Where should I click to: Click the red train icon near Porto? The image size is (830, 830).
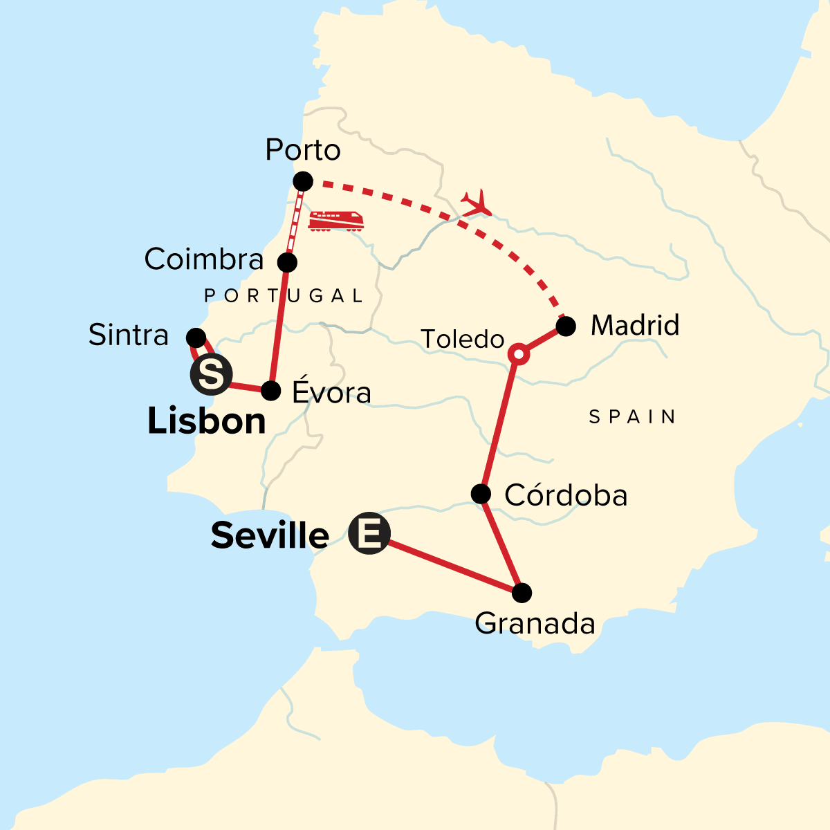coord(336,221)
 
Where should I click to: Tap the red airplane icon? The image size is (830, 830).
coord(477,203)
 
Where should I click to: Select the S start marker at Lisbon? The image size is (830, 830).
coord(211,375)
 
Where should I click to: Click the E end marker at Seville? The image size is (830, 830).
coord(369,534)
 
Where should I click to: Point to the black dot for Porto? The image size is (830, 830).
coord(303,182)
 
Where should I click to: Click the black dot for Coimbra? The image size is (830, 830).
coord(287,263)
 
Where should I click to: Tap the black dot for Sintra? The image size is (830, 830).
coord(196,338)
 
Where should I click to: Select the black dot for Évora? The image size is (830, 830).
coord(271,391)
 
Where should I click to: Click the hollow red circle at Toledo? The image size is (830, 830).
coord(519,355)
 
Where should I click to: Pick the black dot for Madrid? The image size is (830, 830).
coord(566,326)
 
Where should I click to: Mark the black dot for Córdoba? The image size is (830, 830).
coord(481,494)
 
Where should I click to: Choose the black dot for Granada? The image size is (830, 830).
coord(522,593)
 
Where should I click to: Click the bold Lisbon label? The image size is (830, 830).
coord(206,421)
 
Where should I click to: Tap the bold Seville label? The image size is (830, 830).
coord(270,535)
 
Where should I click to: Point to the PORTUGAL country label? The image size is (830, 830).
coord(284,296)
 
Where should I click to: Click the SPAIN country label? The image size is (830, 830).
coord(632,416)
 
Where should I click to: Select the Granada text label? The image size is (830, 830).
coord(535,624)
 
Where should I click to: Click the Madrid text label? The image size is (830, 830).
coord(635,325)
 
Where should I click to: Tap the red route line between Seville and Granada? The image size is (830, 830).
coord(450,565)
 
